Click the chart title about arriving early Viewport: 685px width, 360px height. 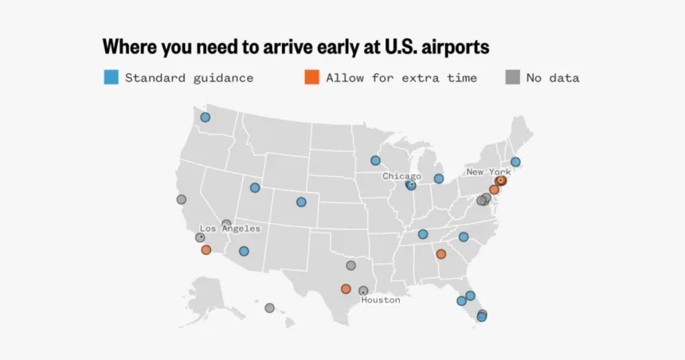[296, 47]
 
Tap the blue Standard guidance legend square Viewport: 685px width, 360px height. [112, 77]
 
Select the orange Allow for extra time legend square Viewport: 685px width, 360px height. [312, 77]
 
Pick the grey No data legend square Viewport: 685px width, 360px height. [513, 77]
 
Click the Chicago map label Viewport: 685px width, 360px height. [401, 176]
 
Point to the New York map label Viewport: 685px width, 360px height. [488, 172]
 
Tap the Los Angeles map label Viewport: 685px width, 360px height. [229, 229]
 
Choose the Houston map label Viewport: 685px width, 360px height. [381, 300]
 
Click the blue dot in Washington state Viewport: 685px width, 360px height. [205, 117]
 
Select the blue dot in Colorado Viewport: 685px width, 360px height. [301, 202]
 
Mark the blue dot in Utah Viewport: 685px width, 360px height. [255, 188]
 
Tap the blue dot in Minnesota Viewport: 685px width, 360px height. [375, 160]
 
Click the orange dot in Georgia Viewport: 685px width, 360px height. [440, 254]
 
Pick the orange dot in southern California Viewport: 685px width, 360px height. [206, 250]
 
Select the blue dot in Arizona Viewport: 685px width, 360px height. [244, 252]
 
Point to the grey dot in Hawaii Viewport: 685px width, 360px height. [269, 308]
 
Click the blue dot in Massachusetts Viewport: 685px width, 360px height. [515, 162]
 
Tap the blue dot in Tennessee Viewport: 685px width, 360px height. [423, 234]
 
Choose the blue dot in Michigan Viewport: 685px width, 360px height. [438, 178]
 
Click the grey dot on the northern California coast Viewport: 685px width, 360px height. [182, 199]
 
